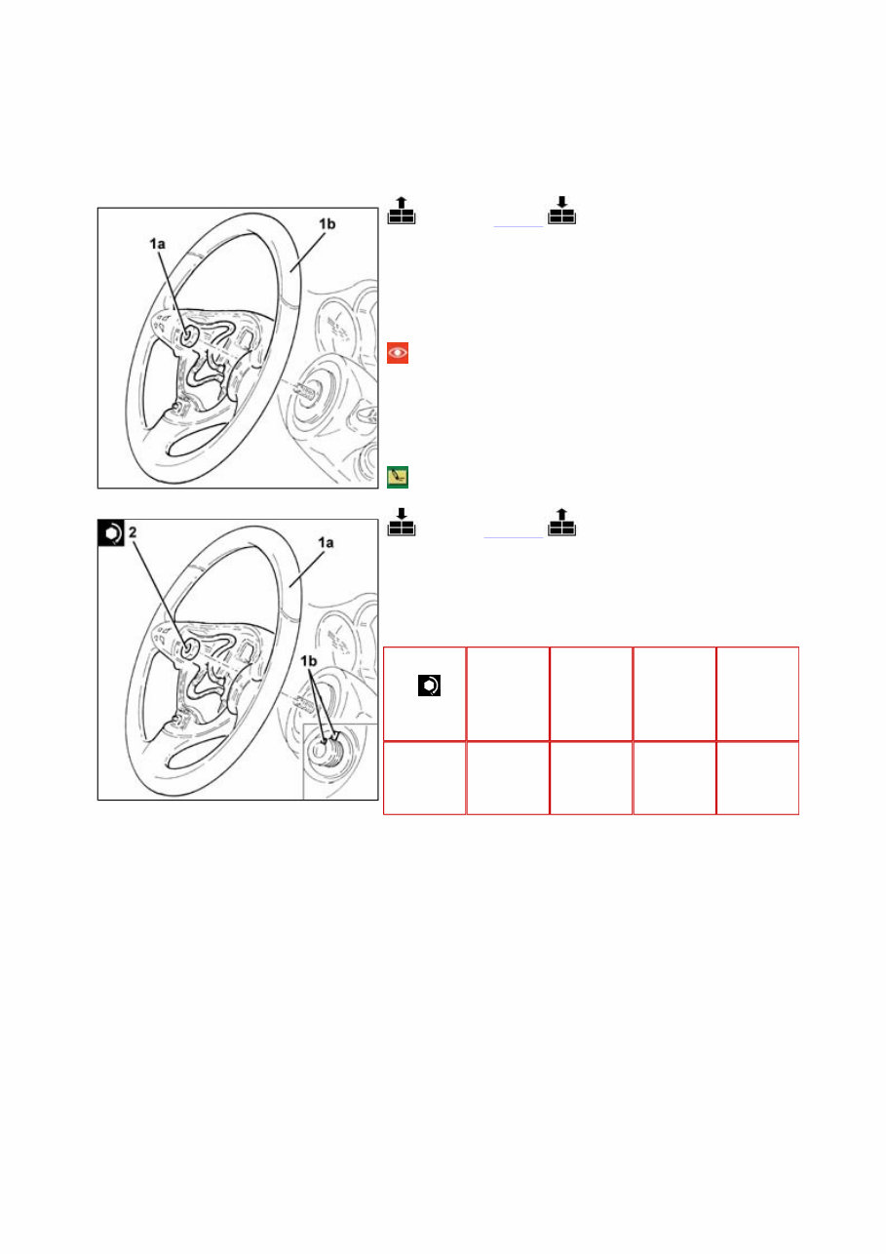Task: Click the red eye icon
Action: tap(398, 353)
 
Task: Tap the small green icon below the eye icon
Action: tap(398, 476)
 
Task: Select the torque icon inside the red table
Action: tap(429, 686)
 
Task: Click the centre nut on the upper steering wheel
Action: tap(186, 334)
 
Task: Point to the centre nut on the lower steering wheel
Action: tap(186, 647)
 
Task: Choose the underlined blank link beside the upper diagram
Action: tap(518, 224)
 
